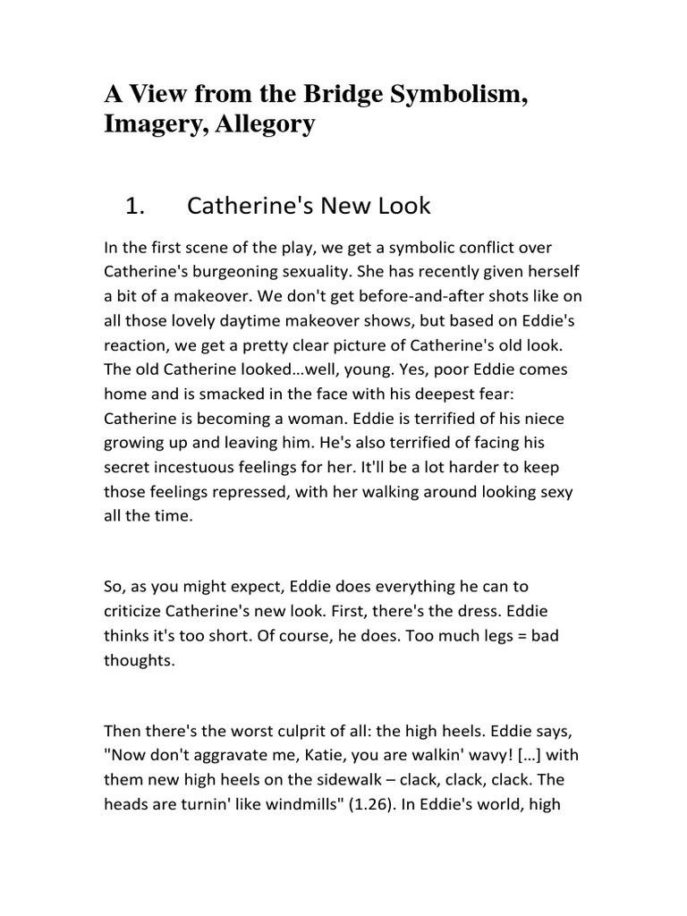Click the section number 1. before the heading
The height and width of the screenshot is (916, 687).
point(135,207)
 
